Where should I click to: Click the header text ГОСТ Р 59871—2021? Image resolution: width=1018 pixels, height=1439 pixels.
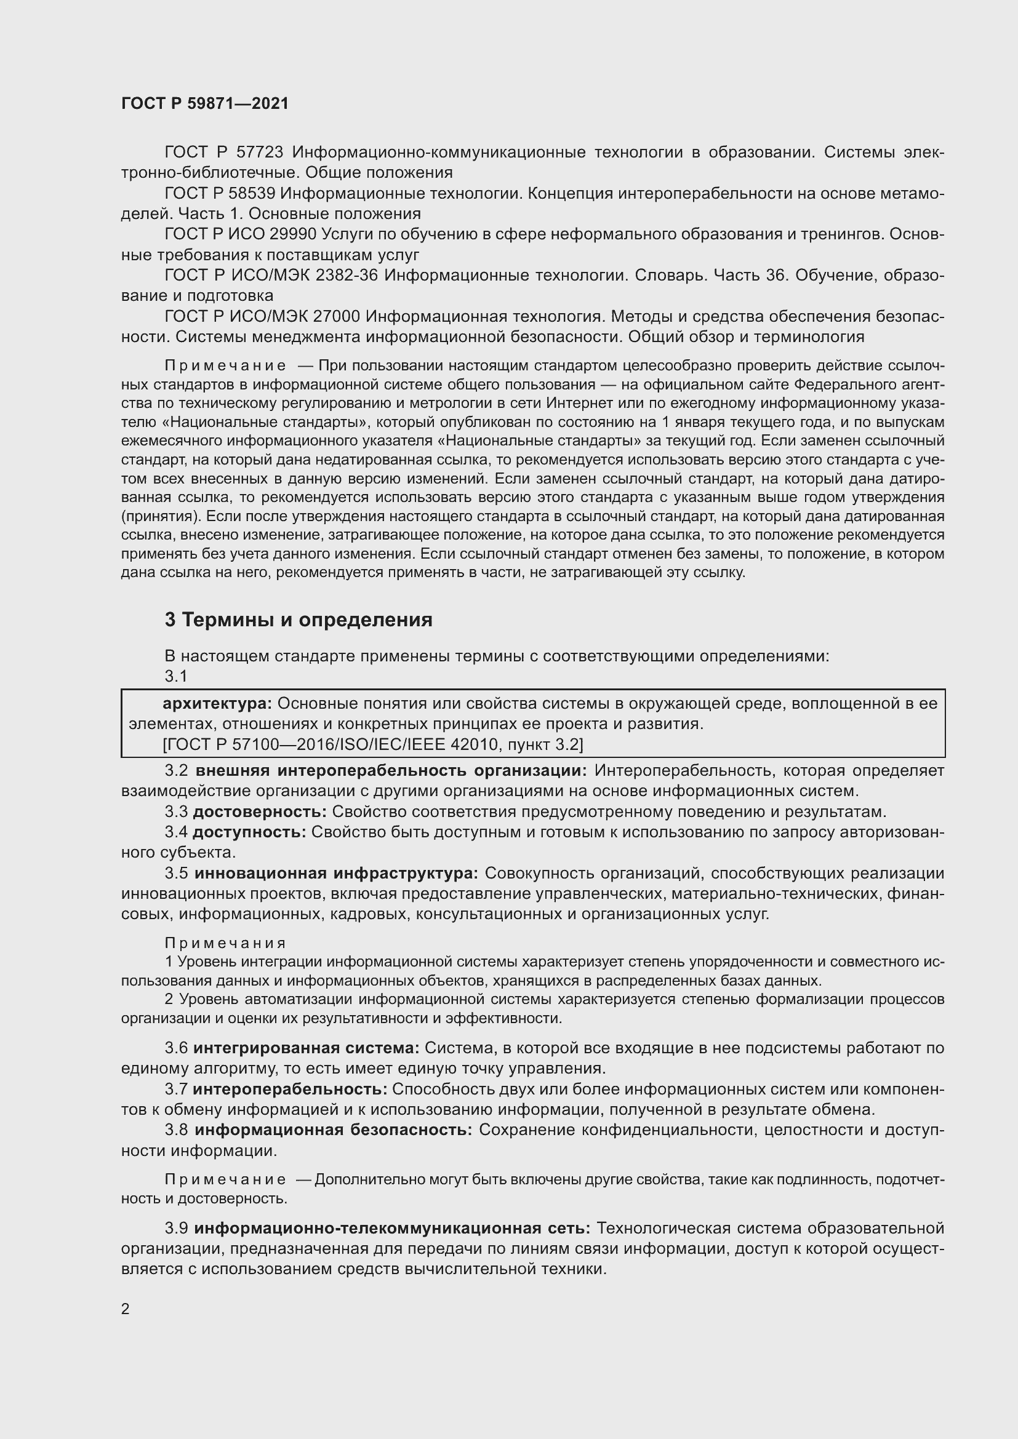click(205, 104)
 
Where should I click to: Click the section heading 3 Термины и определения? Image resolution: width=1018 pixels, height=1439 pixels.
click(299, 620)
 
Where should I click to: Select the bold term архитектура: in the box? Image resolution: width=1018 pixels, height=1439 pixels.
click(216, 704)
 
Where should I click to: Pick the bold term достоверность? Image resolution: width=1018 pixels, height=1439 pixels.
click(260, 811)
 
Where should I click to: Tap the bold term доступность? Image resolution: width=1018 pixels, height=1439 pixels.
click(249, 832)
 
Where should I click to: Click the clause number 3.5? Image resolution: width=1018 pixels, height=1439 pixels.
click(176, 873)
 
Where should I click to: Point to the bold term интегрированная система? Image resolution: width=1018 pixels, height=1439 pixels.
click(306, 1048)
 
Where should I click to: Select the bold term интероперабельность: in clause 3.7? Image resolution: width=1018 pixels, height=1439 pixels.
click(290, 1090)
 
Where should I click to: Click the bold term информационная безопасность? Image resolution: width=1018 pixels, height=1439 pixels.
click(333, 1130)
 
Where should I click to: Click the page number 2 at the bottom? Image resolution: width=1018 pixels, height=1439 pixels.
click(126, 1309)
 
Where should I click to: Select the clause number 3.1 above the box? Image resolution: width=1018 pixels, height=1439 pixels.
click(176, 676)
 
